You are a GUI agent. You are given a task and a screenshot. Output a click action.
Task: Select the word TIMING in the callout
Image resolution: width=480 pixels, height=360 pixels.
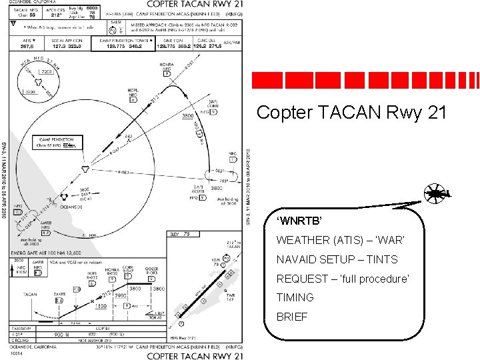[295, 297]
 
